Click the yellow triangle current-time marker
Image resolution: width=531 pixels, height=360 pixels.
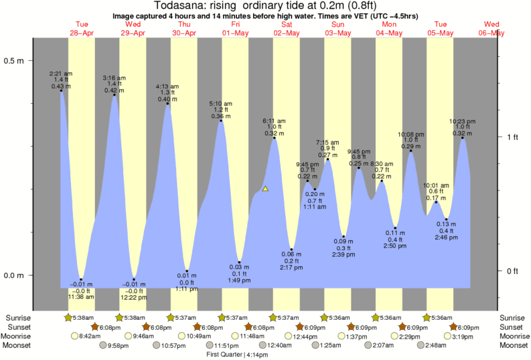[x=266, y=189]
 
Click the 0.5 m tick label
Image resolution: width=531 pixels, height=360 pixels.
[x=15, y=61]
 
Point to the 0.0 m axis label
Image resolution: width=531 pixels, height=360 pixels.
[x=15, y=276]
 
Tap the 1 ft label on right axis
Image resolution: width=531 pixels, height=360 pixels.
[x=512, y=137]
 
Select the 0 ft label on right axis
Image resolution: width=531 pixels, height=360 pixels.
[x=512, y=271]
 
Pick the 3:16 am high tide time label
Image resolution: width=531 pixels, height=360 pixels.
[x=114, y=78]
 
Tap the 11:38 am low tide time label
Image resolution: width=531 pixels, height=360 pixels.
[x=80, y=296]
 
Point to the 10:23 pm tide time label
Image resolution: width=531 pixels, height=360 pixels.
[x=463, y=121]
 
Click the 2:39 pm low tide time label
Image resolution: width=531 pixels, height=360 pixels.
[x=344, y=255]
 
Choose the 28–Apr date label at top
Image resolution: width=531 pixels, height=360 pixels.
[x=82, y=33]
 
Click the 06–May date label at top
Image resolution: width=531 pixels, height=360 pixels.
[x=492, y=33]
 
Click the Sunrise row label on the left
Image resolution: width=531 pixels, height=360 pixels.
[x=18, y=317]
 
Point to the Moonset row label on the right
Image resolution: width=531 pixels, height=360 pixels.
[x=514, y=345]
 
